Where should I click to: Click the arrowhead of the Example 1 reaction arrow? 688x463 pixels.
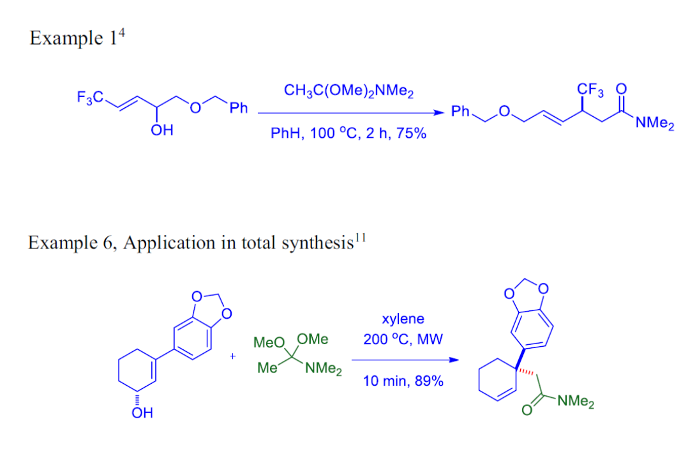point(438,114)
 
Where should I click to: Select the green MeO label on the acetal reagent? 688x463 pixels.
point(267,343)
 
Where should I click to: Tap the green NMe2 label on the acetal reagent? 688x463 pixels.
point(324,369)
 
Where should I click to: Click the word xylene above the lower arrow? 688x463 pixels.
point(403,319)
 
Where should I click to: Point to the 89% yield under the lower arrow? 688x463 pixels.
point(428,382)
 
